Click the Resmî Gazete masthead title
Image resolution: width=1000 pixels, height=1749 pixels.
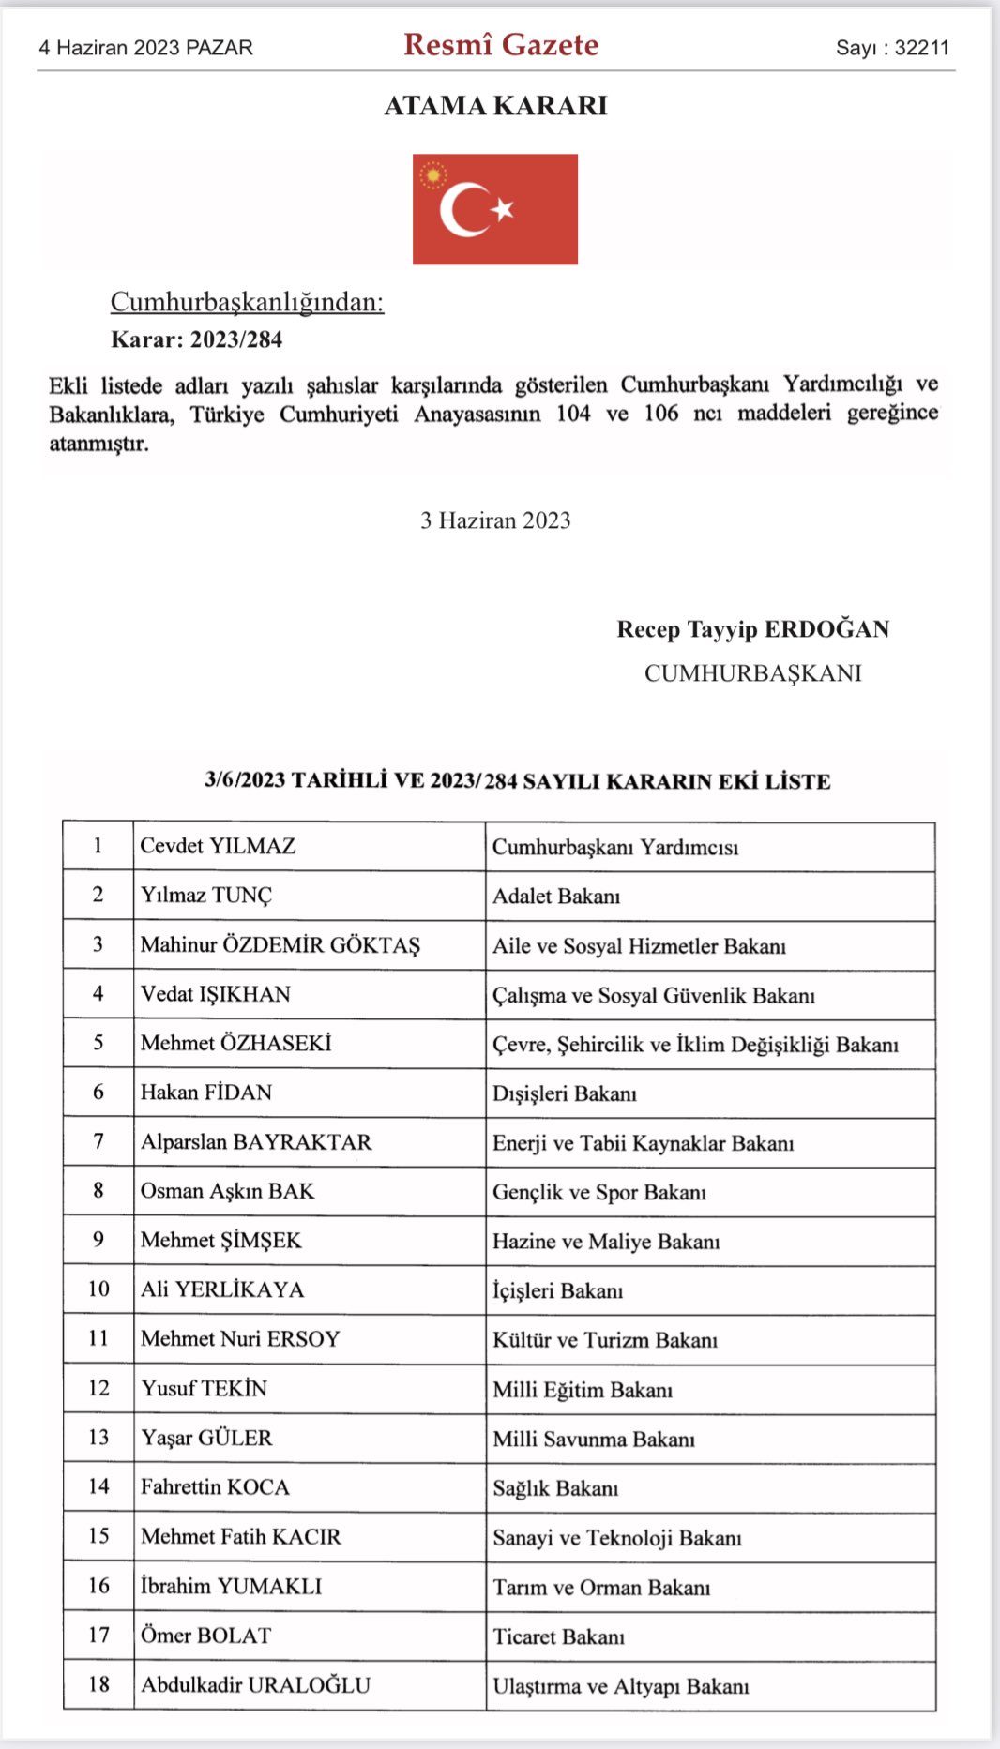click(501, 45)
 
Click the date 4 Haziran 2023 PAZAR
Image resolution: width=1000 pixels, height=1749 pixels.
click(145, 48)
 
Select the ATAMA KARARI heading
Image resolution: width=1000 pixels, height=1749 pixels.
click(495, 106)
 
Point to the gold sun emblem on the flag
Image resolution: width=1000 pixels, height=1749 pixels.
click(433, 175)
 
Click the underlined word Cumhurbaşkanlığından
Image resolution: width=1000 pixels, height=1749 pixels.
click(247, 302)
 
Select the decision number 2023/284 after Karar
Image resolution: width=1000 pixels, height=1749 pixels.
click(235, 339)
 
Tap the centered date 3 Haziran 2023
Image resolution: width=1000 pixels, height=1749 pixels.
click(495, 520)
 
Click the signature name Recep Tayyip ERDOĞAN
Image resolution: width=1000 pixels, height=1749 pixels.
click(752, 629)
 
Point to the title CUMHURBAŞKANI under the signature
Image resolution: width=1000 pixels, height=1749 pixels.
click(752, 673)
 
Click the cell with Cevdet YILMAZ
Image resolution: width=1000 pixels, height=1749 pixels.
click(218, 846)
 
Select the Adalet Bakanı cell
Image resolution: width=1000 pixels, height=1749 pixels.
click(556, 897)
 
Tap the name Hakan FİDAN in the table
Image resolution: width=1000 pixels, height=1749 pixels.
click(206, 1093)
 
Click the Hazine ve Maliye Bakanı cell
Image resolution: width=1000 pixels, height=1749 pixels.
click(606, 1242)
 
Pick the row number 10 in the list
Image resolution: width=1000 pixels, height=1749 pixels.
click(98, 1289)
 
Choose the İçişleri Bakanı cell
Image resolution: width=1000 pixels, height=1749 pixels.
click(557, 1291)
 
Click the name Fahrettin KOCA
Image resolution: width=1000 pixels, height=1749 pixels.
click(215, 1487)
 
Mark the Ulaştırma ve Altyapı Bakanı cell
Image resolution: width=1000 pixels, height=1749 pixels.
click(621, 1686)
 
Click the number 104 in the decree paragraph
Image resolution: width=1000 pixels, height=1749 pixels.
click(573, 414)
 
